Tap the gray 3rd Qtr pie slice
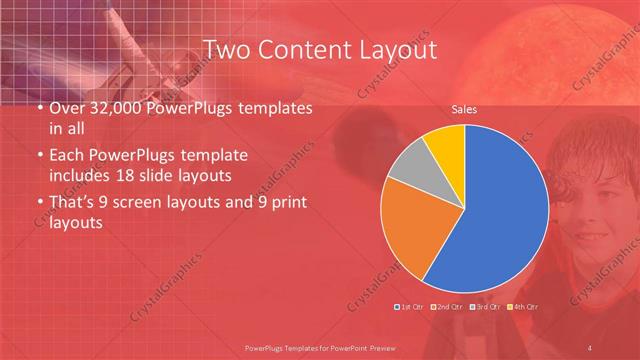coord(408,166)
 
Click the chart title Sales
coord(464,112)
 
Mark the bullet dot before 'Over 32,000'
coord(38,108)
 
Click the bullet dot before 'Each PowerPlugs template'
coord(38,156)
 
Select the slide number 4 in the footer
coord(590,347)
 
